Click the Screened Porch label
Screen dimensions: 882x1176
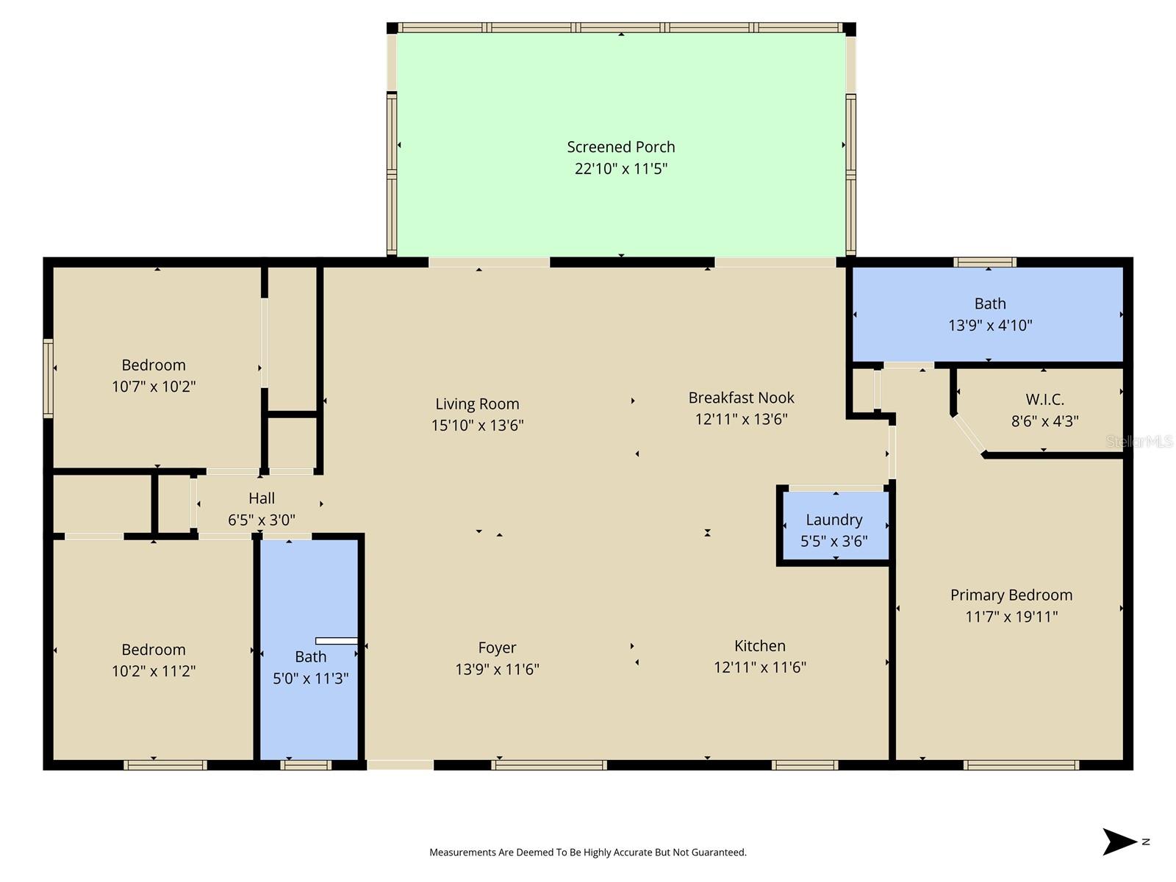pyautogui.click(x=620, y=147)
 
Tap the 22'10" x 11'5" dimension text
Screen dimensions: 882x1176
pyautogui.click(x=620, y=168)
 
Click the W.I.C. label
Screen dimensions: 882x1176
pyautogui.click(x=1044, y=400)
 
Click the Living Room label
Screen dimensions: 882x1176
pyautogui.click(x=477, y=404)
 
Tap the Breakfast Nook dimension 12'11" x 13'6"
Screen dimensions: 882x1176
pyautogui.click(x=741, y=419)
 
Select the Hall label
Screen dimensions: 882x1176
pyautogui.click(x=262, y=498)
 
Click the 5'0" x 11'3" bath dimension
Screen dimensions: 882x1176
pyautogui.click(x=310, y=678)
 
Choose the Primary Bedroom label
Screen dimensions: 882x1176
pyautogui.click(x=1011, y=595)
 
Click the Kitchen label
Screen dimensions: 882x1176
pyautogui.click(x=759, y=646)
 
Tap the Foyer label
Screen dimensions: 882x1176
pyautogui.click(x=497, y=648)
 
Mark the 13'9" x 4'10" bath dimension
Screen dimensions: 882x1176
pyautogui.click(x=990, y=325)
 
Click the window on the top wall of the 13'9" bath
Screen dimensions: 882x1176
pyautogui.click(x=985, y=262)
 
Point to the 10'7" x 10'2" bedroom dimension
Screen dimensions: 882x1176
pyautogui.click(x=154, y=387)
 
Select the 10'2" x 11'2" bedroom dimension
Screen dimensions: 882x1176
pyautogui.click(x=154, y=671)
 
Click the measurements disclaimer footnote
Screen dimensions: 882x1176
pyautogui.click(x=587, y=853)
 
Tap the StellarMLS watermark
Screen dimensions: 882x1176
pyautogui.click(x=1139, y=441)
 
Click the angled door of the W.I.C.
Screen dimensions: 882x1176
pyautogui.click(x=969, y=436)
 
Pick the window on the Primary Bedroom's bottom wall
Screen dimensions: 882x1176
pyautogui.click(x=1020, y=765)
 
